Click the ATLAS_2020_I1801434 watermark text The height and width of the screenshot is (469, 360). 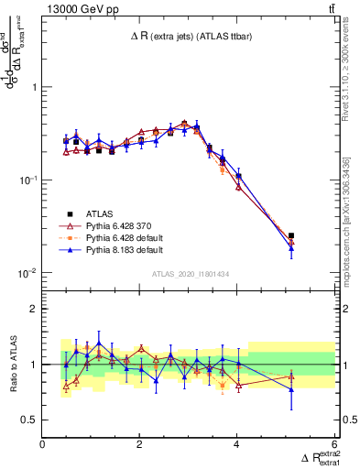(189, 274)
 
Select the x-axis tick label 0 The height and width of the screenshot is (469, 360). (43, 444)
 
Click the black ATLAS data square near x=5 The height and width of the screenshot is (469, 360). (291, 235)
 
